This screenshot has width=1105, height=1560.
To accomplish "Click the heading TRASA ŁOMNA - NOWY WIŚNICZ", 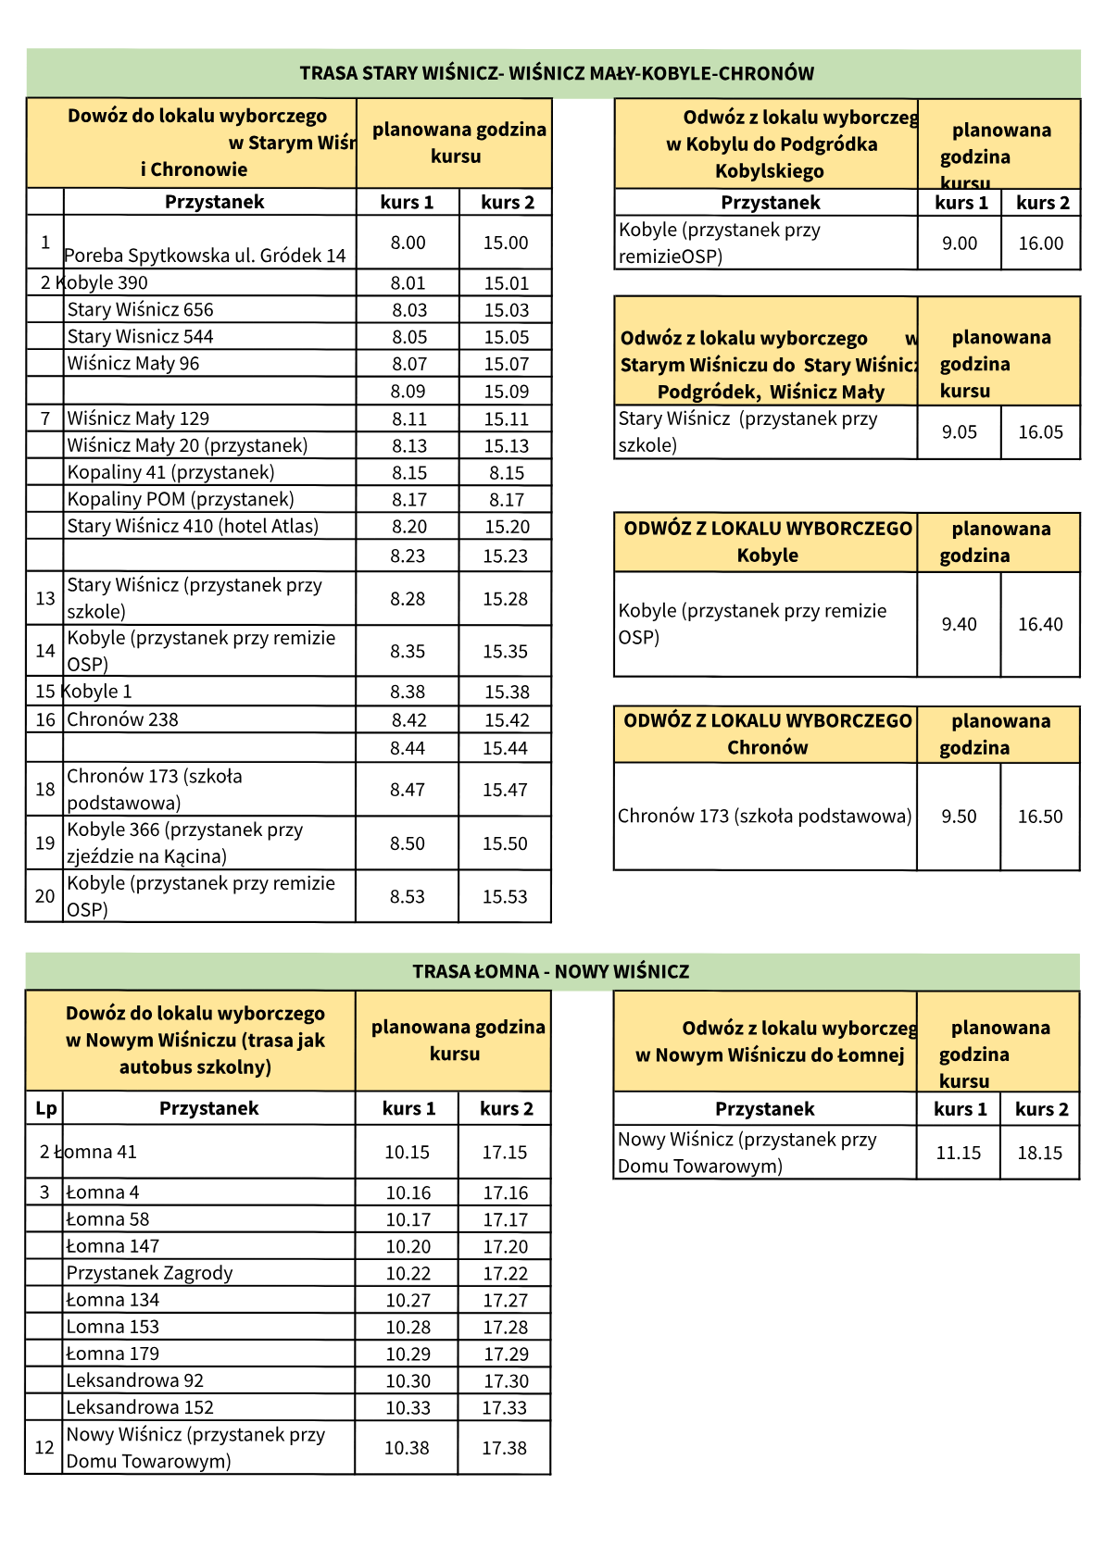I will click(551, 971).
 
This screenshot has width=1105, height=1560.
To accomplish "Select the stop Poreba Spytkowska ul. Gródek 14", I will click(205, 256).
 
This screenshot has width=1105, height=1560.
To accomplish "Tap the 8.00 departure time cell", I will click(408, 243).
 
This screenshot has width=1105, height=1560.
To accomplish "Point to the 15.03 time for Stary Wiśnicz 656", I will click(506, 310).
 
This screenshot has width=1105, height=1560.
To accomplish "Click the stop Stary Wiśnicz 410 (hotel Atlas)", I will click(193, 527).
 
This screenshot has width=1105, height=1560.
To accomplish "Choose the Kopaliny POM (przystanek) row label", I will click(181, 500).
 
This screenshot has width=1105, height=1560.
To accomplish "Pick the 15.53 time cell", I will click(505, 896).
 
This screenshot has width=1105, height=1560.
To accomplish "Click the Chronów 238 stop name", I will click(122, 719).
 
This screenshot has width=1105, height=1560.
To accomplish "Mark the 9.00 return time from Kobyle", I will click(960, 243).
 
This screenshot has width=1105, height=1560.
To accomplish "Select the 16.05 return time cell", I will click(1040, 432).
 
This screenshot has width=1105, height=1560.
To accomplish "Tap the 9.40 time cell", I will click(959, 625).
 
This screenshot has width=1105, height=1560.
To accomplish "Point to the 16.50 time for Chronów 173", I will click(1040, 817).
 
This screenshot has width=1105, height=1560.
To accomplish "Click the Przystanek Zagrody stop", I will click(149, 1273).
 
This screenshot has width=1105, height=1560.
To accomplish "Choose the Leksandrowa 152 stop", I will click(140, 1407).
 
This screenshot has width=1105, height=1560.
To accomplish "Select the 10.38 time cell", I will click(407, 1448).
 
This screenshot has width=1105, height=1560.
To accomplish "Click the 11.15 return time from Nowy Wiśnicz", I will click(958, 1153).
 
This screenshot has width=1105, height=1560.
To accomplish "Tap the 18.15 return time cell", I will click(1039, 1153).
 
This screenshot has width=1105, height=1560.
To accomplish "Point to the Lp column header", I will click(45, 1108).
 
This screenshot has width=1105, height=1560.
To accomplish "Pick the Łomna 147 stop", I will click(113, 1246).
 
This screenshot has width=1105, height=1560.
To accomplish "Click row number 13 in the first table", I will click(45, 598).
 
